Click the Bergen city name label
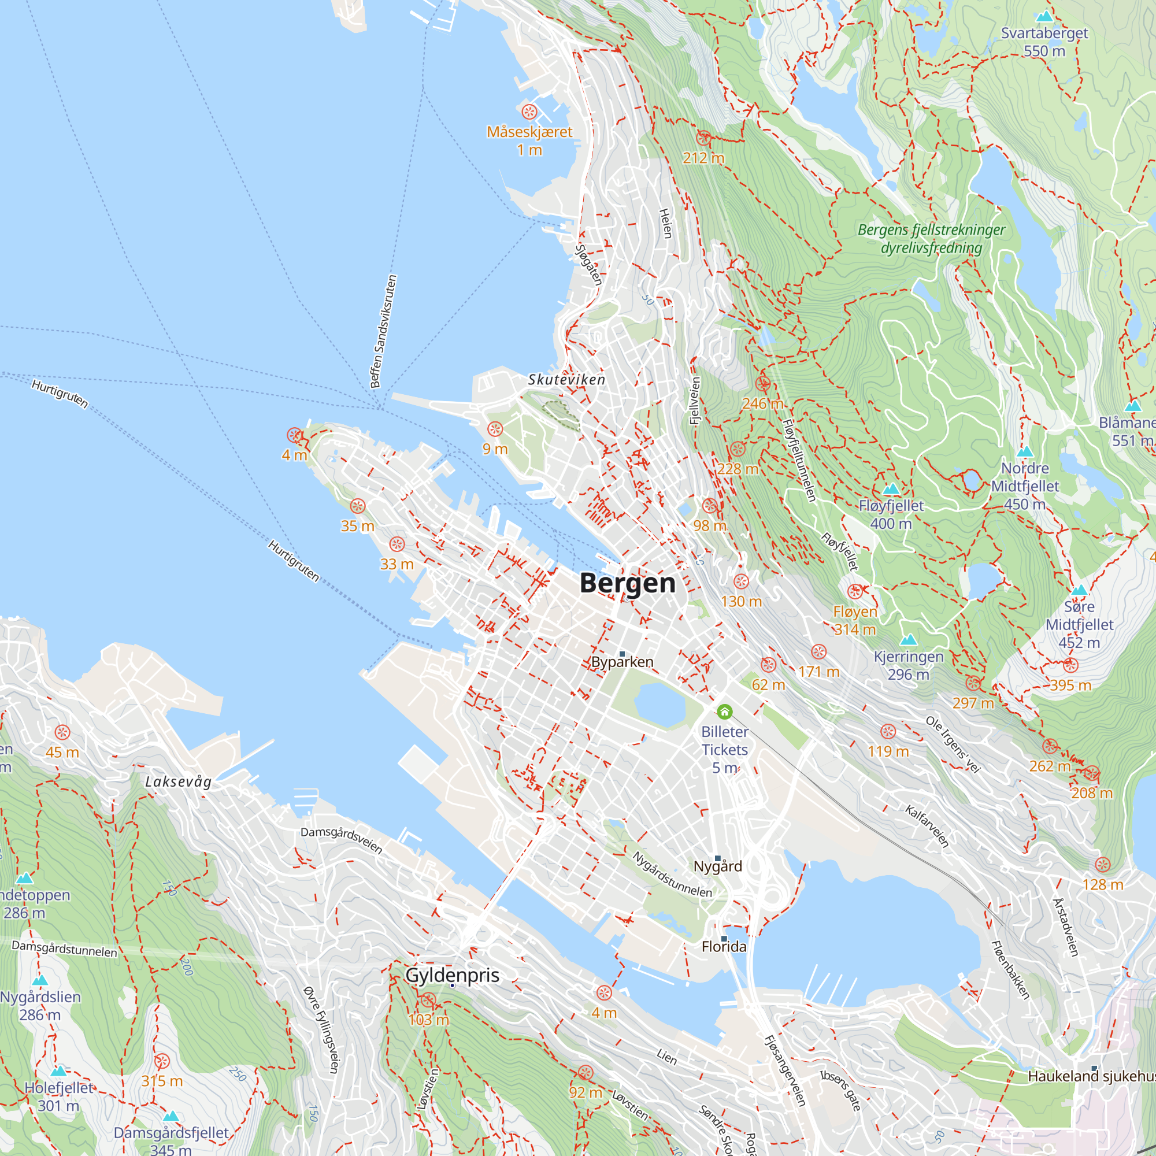[x=628, y=583]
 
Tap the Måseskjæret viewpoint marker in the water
[x=529, y=112]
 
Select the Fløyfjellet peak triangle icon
[x=891, y=489]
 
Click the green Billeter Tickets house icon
[x=725, y=712]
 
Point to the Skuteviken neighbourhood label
[x=566, y=379]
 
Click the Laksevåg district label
[x=178, y=781]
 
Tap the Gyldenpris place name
[x=453, y=975]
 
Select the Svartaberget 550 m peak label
[x=1044, y=42]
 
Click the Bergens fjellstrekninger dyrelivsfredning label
[x=931, y=239]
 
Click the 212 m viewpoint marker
[x=703, y=138]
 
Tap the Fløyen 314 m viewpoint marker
[x=855, y=591]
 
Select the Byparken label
[x=623, y=662]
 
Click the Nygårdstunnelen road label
[x=672, y=875]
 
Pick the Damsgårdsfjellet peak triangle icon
[x=171, y=1116]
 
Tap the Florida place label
[x=724, y=947]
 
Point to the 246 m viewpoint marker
[x=763, y=384]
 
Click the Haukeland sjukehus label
[x=1091, y=1076]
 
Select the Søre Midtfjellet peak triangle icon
[x=1079, y=590]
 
